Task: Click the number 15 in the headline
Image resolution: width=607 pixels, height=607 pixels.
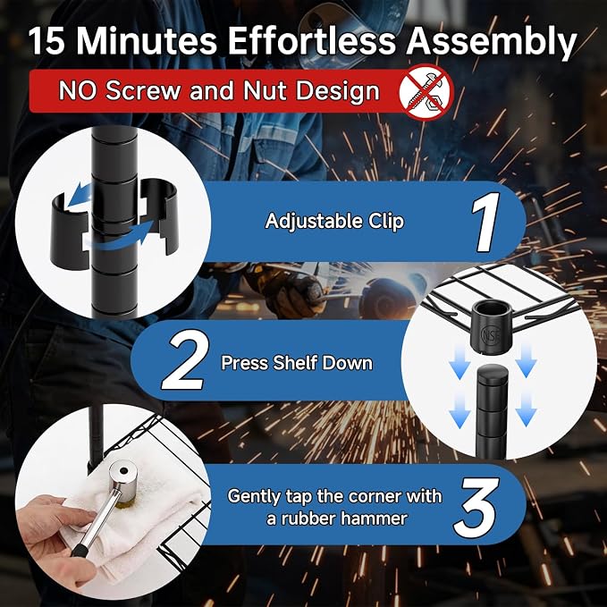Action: coord(46,41)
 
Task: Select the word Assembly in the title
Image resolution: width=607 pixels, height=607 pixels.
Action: coord(492,43)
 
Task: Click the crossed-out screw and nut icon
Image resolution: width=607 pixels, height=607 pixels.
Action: coord(426,92)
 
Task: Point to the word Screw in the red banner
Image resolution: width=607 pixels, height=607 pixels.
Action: coord(143,91)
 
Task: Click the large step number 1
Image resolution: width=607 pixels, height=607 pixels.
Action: coord(485,222)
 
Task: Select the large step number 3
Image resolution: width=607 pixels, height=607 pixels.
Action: coord(476,507)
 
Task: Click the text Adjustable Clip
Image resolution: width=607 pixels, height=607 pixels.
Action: coord(334,222)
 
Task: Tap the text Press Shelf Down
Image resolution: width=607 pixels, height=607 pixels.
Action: coord(297,363)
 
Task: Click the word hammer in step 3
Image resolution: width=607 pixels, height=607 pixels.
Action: coord(375,518)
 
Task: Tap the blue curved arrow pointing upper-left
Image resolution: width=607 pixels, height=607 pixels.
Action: coord(80,196)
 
